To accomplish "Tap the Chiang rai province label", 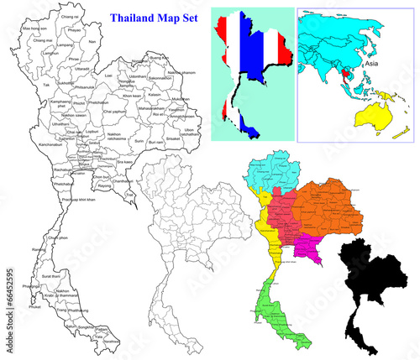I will pos(71,16).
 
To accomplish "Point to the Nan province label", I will pos(92,40).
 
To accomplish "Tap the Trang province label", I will pos(60,310).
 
